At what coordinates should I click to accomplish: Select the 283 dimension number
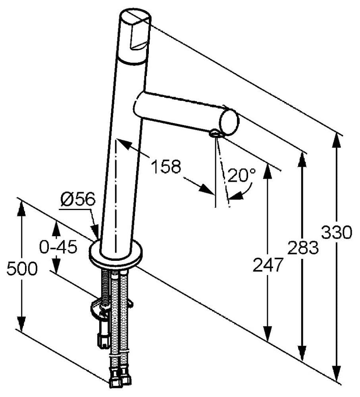point(303,247)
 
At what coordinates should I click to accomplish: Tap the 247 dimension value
point(268,265)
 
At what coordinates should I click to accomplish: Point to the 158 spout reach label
point(166,167)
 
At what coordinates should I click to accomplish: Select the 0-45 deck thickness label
point(58,248)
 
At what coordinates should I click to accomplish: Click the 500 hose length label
point(22,270)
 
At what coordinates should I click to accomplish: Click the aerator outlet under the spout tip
point(215,134)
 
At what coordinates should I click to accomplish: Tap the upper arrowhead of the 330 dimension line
point(337,139)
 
